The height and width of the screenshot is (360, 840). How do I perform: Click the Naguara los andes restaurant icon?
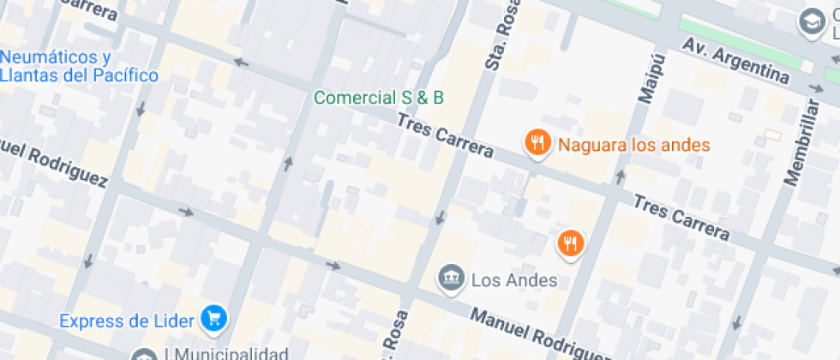coord(537,143)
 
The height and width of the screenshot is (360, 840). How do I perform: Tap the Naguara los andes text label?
coord(634,144)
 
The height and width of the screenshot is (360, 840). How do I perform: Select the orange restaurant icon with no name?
coord(570,243)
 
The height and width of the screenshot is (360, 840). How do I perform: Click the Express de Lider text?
coord(129,321)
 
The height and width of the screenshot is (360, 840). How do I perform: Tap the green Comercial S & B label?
coord(379,98)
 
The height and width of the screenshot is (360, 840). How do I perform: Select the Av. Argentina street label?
coord(735,60)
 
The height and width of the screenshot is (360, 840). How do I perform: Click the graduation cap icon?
coord(809,21)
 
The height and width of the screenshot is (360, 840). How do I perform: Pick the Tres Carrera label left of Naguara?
coord(445,136)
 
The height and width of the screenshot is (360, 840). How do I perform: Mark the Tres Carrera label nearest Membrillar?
coord(681,218)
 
